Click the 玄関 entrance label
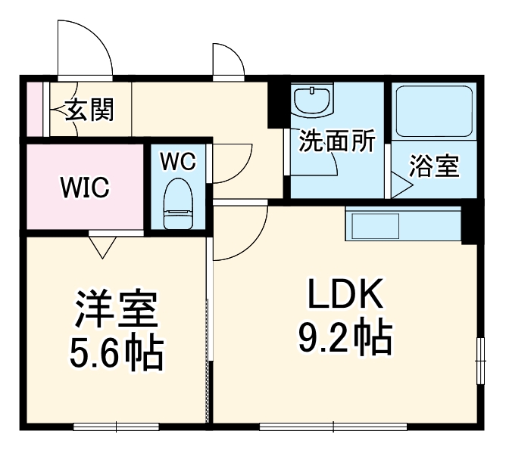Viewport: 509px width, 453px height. (x=89, y=110)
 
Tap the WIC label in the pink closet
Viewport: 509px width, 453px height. (x=85, y=186)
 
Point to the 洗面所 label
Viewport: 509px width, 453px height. (x=337, y=141)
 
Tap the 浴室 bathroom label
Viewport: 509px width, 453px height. (x=434, y=166)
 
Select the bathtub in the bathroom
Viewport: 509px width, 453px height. (x=434, y=111)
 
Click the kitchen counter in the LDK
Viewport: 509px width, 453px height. (x=403, y=223)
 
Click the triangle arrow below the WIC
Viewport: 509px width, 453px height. (x=101, y=245)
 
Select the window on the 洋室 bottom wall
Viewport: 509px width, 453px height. (x=116, y=426)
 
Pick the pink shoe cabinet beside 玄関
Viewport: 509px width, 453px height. (x=35, y=110)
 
